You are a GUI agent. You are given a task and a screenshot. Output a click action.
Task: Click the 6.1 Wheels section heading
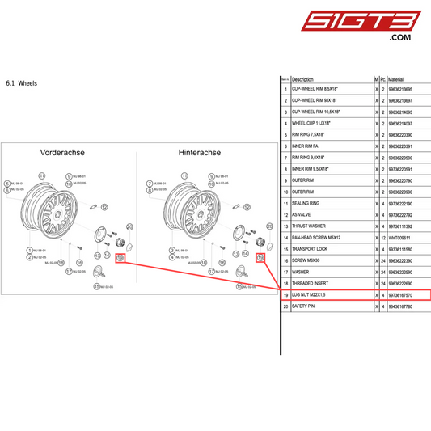coord(21,83)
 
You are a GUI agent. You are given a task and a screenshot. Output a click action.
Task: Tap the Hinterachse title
coord(199,152)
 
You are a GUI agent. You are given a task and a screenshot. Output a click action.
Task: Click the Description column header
coord(302,79)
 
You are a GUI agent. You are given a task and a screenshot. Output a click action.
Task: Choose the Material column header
coord(402,79)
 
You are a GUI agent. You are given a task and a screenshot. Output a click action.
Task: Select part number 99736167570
coord(405,296)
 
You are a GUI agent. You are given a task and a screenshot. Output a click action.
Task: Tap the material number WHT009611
coord(403,238)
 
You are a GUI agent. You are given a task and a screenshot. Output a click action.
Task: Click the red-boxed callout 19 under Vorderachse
coord(120,259)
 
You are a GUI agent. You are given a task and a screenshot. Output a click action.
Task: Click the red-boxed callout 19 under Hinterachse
coord(260,259)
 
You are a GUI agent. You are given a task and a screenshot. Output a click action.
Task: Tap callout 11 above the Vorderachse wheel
coord(44,174)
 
